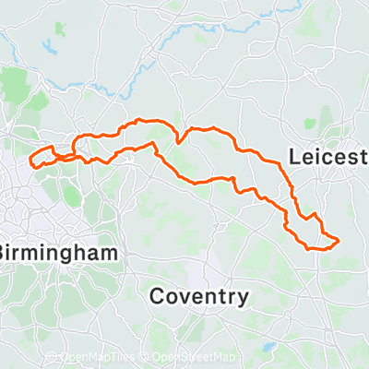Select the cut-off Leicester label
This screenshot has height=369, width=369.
click(328, 158)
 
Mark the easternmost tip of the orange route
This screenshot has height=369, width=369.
click(339, 241)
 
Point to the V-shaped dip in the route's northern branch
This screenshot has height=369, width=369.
click(180, 141)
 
